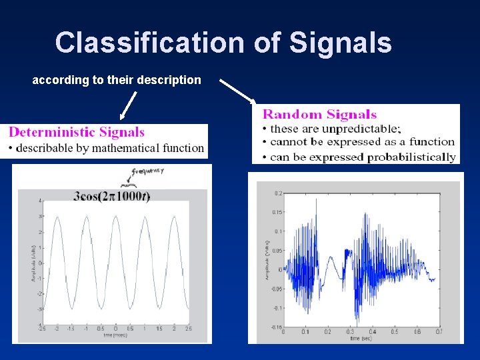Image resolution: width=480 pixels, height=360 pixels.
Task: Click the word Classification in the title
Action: click(x=150, y=43)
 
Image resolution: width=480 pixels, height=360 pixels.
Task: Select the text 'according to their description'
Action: click(x=117, y=80)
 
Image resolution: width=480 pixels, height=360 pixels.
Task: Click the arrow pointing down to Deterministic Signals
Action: click(x=130, y=107)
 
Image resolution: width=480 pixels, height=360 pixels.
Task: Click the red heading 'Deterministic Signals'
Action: click(x=77, y=132)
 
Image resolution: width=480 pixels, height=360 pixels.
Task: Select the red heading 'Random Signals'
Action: click(x=319, y=115)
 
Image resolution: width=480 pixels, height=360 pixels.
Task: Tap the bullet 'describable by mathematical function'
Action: click(x=110, y=148)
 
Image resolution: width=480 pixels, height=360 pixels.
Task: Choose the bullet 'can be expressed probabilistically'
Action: click(x=363, y=157)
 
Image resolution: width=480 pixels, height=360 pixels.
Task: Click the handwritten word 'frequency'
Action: click(x=148, y=172)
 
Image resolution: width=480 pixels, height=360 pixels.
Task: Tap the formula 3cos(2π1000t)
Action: click(x=112, y=195)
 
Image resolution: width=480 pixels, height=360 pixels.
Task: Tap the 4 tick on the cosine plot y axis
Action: click(x=41, y=201)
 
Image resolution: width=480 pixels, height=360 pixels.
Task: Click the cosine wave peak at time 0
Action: click(x=115, y=216)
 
